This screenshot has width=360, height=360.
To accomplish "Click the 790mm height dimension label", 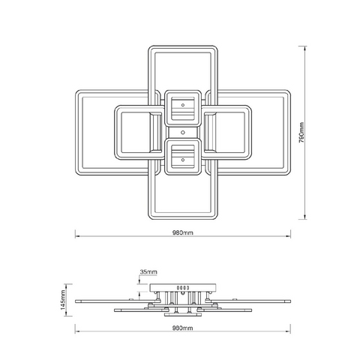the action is click(301, 132).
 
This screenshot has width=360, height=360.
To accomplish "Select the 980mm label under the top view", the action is click(183, 232).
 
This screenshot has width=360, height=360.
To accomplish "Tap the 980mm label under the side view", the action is click(183, 328).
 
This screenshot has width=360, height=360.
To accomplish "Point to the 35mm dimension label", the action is click(148, 271).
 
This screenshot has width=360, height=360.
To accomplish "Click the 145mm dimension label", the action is click(63, 300).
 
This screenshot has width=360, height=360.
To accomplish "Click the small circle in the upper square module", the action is click(183, 105).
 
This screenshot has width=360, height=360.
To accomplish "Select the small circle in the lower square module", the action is click(183, 160).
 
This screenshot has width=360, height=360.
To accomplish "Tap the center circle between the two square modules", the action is click(183, 133).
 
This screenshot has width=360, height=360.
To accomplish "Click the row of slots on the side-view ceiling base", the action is click(183, 288).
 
